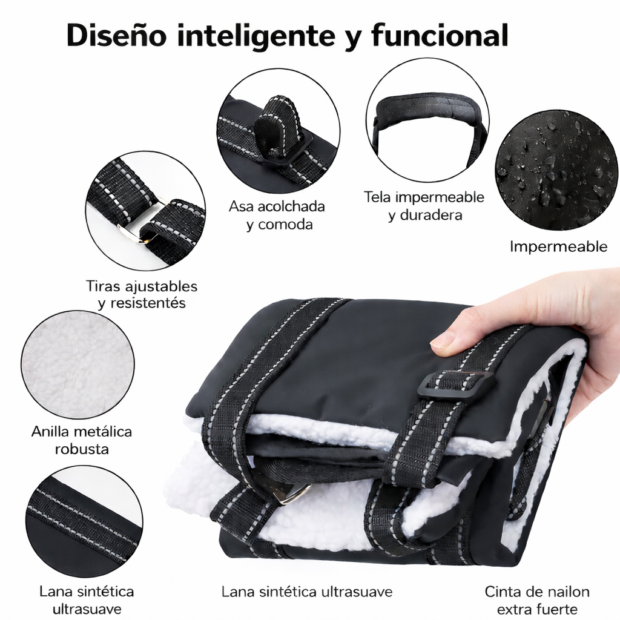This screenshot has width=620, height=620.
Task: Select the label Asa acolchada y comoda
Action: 277,215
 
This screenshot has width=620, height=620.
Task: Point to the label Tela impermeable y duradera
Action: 424,206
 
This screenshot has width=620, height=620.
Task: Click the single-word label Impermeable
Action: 558,247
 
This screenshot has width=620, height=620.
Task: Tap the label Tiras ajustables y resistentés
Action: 142,295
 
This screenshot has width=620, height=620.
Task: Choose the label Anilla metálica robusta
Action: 82,440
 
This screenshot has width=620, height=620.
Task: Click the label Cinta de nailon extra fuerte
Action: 537,600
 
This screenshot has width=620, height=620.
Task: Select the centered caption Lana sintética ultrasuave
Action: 307,592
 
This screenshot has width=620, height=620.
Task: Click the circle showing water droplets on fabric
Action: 556,170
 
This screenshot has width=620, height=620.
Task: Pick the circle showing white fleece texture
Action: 78,364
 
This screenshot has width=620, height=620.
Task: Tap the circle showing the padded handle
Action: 427,120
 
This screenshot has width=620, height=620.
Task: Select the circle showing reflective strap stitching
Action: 84,521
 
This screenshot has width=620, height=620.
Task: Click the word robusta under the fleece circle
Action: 82,449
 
